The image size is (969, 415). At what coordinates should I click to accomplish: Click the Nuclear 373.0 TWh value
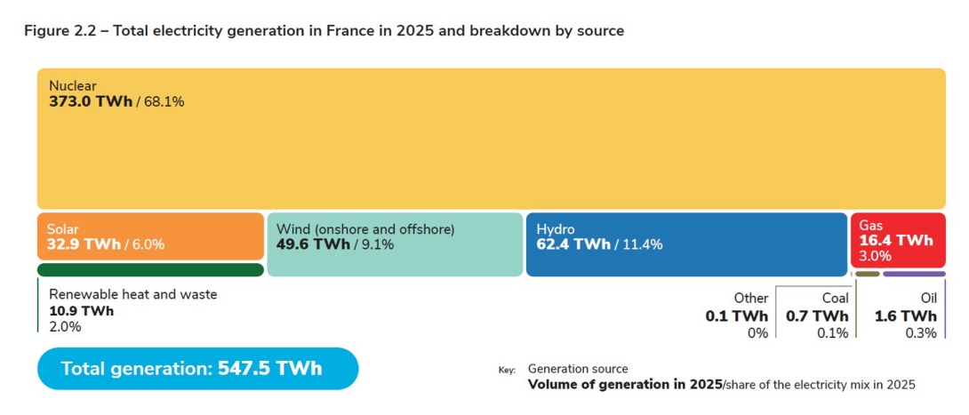pos(90,102)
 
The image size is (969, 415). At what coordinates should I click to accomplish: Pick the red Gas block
pos(897,240)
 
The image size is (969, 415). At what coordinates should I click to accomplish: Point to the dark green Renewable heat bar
pos(150,270)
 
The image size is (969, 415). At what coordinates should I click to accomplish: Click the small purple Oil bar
pos(914,274)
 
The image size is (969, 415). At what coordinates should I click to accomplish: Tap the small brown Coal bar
pos(867,274)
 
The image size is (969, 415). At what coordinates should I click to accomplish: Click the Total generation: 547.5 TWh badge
pos(197,369)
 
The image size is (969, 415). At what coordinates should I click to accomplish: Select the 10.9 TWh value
pos(81,311)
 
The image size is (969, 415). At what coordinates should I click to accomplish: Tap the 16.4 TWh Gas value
pos(896,240)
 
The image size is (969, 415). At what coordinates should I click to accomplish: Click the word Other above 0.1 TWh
pos(750,299)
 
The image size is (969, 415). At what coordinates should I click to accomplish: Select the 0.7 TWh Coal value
pos(816,316)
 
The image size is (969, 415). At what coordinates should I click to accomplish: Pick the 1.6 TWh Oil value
pos(905,316)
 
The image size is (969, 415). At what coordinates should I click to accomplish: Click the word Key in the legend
pos(507,370)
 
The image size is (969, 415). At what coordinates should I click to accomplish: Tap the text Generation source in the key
pos(578,369)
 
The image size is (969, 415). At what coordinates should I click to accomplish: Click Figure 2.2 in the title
pos(59,31)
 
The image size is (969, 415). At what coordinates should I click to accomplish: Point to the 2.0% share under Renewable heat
pos(65,327)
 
